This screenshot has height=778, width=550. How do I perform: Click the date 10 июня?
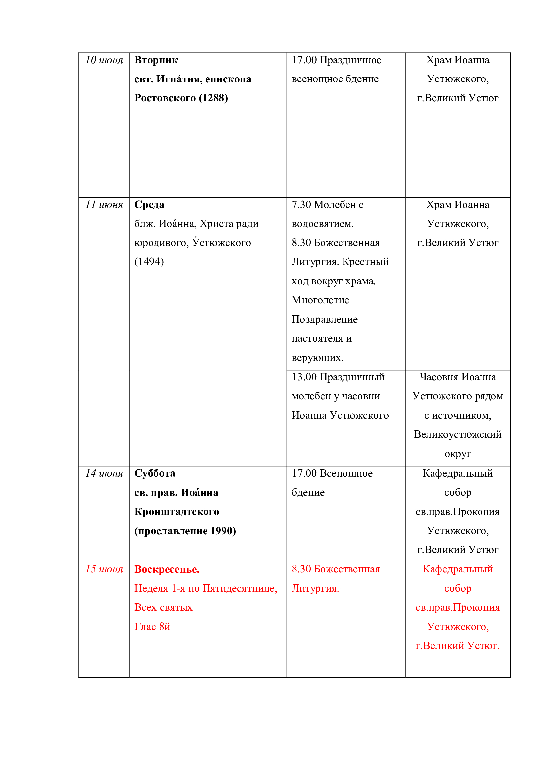click(104, 60)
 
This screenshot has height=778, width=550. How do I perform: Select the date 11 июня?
click(104, 205)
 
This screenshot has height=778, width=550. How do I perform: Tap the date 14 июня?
click(104, 473)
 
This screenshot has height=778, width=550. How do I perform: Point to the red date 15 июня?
click(104, 569)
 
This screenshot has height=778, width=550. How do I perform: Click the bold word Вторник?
click(156, 60)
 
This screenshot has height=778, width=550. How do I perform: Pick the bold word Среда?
click(149, 205)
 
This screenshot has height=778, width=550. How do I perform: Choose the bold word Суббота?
click(155, 473)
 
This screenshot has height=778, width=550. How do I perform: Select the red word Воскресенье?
click(167, 569)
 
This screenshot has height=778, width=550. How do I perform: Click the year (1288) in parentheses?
click(213, 98)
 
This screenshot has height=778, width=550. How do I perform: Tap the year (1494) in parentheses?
click(149, 262)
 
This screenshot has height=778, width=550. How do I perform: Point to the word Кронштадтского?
click(177, 512)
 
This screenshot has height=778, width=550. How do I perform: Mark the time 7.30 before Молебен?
click(301, 205)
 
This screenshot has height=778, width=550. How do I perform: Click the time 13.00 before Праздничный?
click(304, 377)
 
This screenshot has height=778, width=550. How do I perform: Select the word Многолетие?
click(320, 300)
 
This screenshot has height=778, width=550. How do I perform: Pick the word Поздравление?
click(325, 320)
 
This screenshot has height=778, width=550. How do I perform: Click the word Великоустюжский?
click(458, 435)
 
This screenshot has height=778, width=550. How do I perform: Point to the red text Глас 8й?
click(152, 627)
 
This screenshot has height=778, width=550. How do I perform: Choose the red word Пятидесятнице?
click(239, 589)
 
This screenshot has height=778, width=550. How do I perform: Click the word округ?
click(458, 454)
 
